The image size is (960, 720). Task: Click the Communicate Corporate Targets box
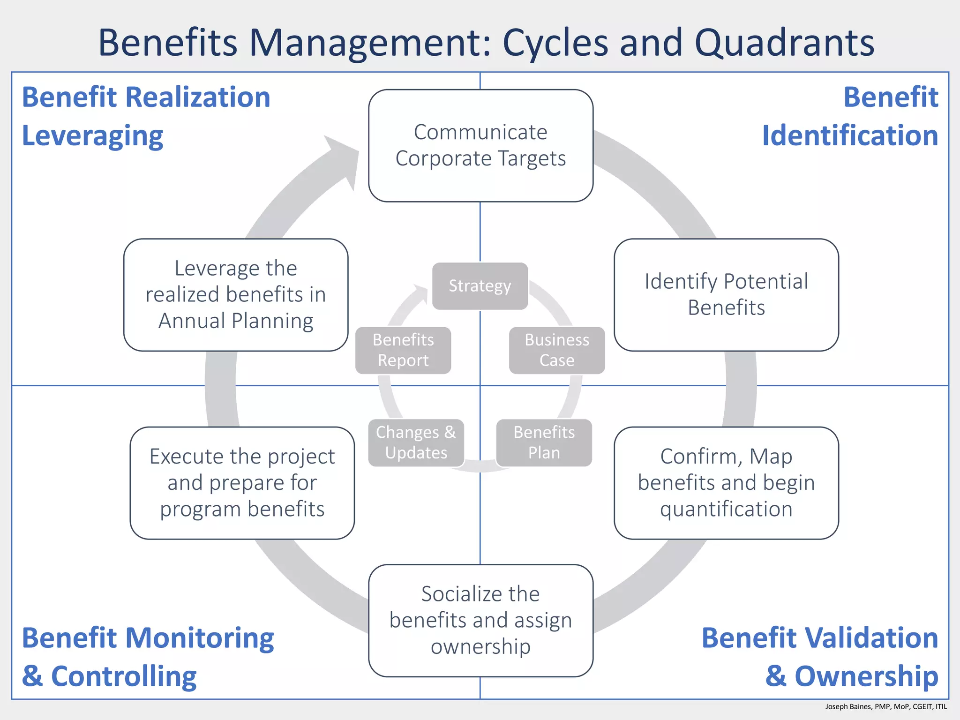tap(480, 145)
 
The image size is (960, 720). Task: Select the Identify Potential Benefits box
tap(726, 294)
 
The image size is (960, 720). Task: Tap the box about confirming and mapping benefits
tap(726, 482)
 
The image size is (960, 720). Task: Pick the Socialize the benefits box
tap(480, 620)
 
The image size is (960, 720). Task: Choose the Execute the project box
tap(242, 482)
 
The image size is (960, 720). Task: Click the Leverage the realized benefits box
tap(236, 294)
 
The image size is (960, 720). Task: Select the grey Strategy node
tap(480, 286)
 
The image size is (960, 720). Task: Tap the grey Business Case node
tap(557, 350)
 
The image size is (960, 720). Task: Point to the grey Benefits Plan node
tap(544, 442)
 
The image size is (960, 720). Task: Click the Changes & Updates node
tap(416, 442)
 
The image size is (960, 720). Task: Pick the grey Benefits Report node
tap(403, 350)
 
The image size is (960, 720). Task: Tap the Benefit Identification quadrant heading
tap(849, 116)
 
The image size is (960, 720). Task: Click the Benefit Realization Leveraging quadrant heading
tap(146, 116)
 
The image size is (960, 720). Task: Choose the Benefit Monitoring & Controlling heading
tap(148, 657)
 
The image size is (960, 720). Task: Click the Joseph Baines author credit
tap(886, 706)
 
